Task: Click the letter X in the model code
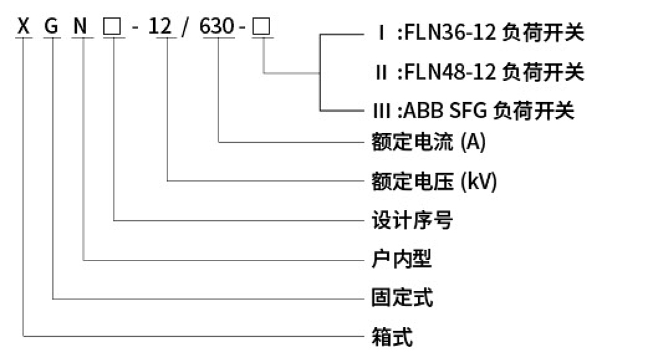24,28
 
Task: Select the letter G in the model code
53,28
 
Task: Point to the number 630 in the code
218,28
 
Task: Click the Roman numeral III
380,111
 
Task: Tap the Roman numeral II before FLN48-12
381,72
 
